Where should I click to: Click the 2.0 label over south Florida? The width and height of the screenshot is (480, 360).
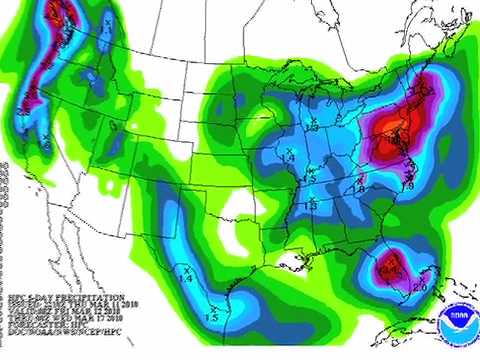(x=419, y=287)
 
